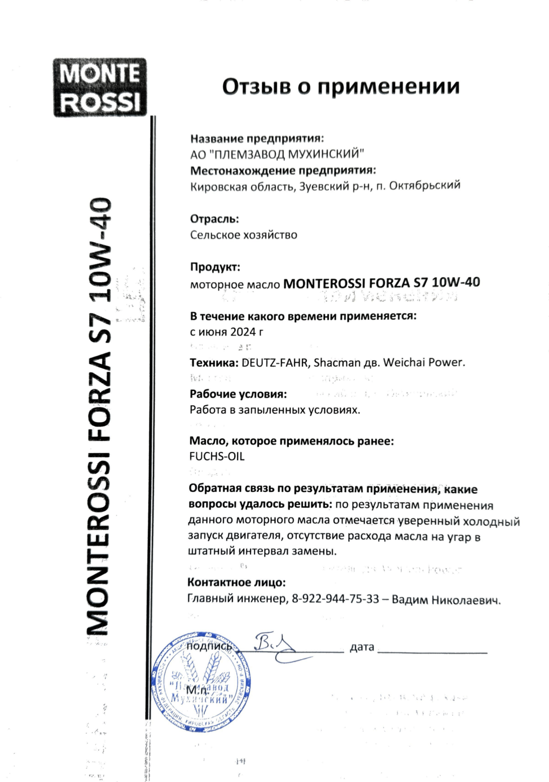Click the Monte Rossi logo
(100, 88)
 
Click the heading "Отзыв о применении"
(341, 86)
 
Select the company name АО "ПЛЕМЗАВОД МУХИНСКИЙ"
(277, 155)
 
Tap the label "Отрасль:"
(214, 219)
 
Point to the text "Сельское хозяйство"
(243, 235)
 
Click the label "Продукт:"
(215, 267)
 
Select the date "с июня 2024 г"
(226, 332)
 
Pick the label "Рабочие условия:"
(238, 394)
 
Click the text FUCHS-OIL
(217, 457)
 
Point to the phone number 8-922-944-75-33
(335, 599)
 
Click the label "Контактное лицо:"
(236, 583)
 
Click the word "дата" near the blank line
(362, 647)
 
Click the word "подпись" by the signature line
(209, 646)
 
